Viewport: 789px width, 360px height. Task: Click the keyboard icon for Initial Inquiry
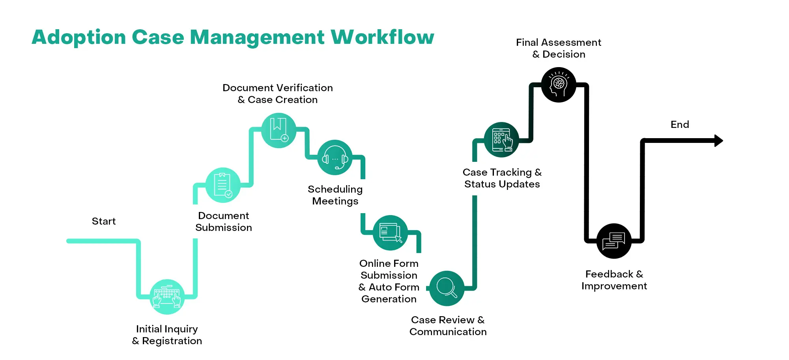[167, 297]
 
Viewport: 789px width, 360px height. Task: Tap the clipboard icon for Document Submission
[223, 185]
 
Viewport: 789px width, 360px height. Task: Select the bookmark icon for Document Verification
[279, 130]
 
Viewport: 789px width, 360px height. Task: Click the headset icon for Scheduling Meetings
[335, 157]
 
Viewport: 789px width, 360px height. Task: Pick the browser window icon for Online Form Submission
[390, 232]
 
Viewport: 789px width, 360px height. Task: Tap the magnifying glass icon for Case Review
[447, 288]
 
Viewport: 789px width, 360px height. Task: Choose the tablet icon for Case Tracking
[501, 140]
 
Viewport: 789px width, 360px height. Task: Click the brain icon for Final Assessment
[559, 85]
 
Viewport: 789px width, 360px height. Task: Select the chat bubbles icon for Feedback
[614, 241]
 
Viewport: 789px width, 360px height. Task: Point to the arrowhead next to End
[719, 141]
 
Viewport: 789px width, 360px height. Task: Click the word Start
[104, 221]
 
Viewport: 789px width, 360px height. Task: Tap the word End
[680, 124]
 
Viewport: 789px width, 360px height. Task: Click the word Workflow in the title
[382, 37]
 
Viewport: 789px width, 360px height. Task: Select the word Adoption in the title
[79, 38]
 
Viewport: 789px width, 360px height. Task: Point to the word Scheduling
[335, 189]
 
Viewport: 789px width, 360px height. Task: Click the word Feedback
[609, 274]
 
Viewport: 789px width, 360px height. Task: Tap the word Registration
[172, 341]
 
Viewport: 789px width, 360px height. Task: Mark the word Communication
[448, 332]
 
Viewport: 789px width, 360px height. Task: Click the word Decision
[564, 54]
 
